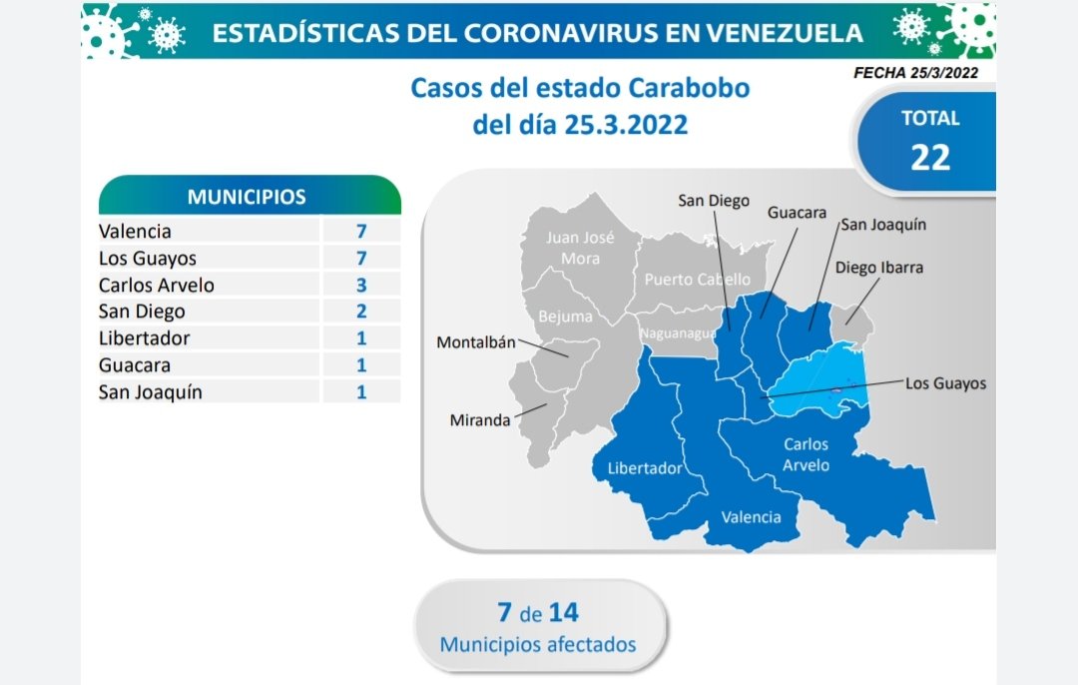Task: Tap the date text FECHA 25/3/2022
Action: pyautogui.click(x=915, y=73)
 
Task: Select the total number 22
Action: pyautogui.click(x=930, y=158)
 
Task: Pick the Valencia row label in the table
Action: pyautogui.click(x=135, y=231)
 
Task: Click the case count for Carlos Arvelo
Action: pyautogui.click(x=361, y=285)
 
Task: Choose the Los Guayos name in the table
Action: pyautogui.click(x=147, y=259)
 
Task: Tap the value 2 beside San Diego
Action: pyautogui.click(x=361, y=311)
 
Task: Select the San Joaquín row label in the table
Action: pyautogui.click(x=150, y=392)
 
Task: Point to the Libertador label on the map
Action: pyautogui.click(x=644, y=468)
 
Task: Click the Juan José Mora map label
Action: pyautogui.click(x=580, y=248)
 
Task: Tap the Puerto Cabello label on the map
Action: pyautogui.click(x=697, y=280)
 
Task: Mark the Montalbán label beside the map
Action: pyautogui.click(x=476, y=342)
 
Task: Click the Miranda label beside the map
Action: pyautogui.click(x=480, y=420)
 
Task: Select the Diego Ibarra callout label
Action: pyautogui.click(x=878, y=268)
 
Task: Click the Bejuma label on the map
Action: pyautogui.click(x=565, y=318)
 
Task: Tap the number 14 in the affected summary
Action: pyautogui.click(x=564, y=612)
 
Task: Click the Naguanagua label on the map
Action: pyautogui.click(x=678, y=334)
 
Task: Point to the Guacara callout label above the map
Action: pyautogui.click(x=797, y=213)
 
